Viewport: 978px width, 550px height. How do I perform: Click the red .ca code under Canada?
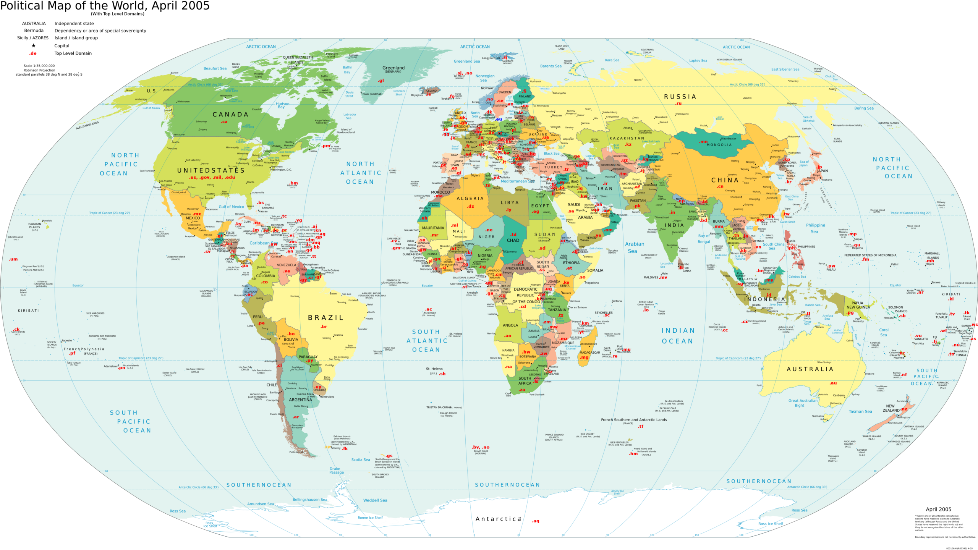click(224, 122)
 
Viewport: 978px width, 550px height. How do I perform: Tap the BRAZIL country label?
click(325, 318)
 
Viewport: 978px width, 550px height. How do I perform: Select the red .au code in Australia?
click(833, 383)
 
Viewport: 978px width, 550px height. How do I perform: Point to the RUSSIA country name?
click(680, 97)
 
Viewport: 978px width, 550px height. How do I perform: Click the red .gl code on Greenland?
click(381, 81)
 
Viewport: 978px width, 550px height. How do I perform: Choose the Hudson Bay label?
click(283, 105)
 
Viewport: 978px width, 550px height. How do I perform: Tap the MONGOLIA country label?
click(719, 145)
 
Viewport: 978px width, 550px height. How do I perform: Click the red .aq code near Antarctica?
click(536, 521)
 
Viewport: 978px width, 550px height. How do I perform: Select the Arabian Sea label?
click(634, 247)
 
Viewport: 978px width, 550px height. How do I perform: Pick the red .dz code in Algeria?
click(471, 206)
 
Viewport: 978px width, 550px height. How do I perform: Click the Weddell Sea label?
click(375, 500)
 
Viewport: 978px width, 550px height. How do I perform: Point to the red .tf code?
click(641, 426)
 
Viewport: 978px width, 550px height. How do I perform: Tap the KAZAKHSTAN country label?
click(627, 138)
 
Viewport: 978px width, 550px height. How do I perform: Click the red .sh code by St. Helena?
click(442, 374)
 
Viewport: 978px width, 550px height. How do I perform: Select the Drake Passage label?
click(336, 471)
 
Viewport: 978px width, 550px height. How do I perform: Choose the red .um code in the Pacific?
click(13, 259)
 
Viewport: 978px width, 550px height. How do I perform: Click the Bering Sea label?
click(864, 108)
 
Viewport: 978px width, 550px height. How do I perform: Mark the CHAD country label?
click(513, 241)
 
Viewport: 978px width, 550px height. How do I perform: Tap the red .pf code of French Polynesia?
click(72, 353)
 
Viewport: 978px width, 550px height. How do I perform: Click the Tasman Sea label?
click(860, 412)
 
